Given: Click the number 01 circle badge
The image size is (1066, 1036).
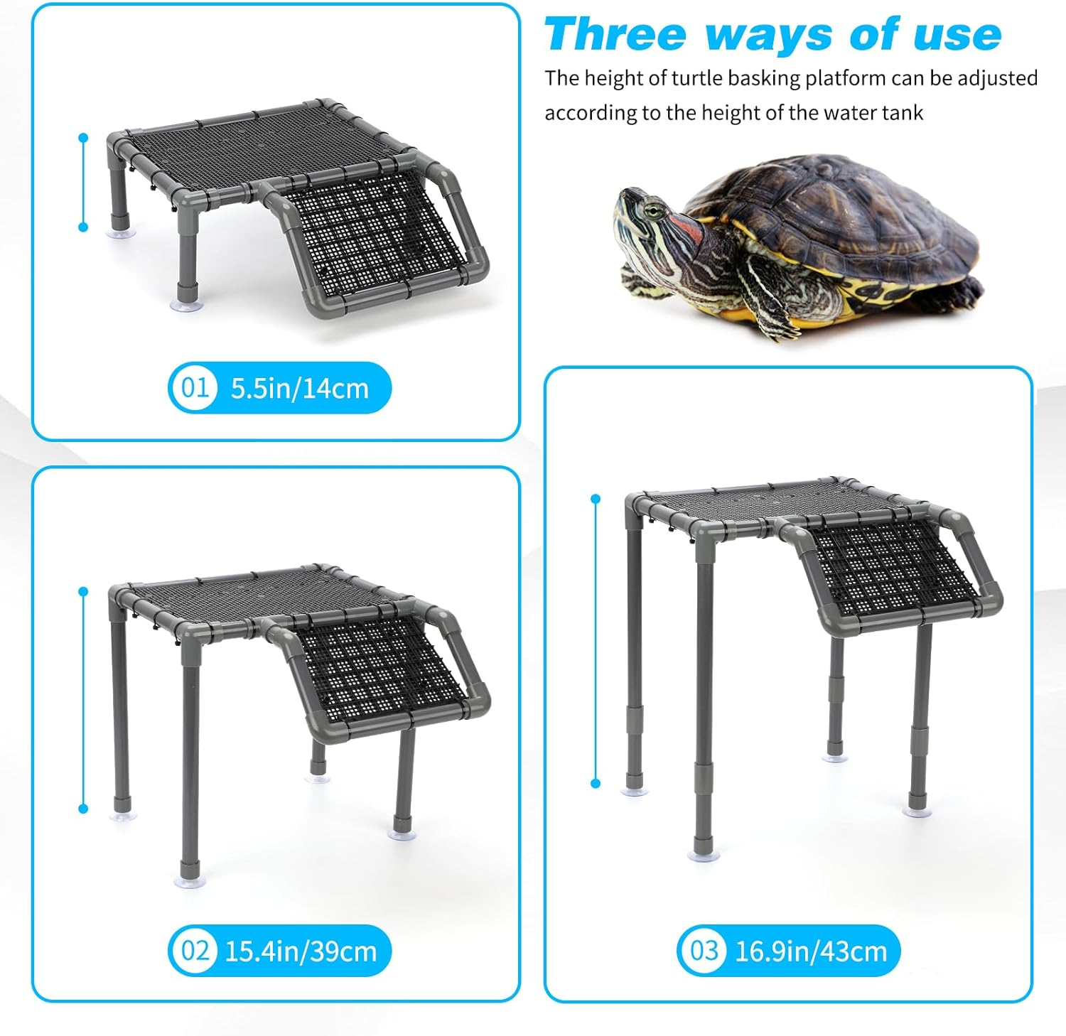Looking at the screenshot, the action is click(x=194, y=388).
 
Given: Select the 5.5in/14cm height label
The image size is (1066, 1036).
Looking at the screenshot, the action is click(x=300, y=389).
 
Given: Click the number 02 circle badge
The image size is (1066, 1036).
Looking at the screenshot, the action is click(x=194, y=951).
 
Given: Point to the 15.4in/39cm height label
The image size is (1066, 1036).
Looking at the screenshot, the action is click(x=301, y=951).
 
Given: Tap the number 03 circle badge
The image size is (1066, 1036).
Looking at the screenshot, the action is click(x=704, y=951).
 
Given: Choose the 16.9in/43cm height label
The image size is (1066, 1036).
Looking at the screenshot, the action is click(x=811, y=951).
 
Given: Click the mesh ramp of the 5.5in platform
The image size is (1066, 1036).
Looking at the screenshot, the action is click(x=375, y=235).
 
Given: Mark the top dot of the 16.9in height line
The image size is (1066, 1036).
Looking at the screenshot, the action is click(x=596, y=499).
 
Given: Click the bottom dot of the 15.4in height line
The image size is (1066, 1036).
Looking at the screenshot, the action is click(x=83, y=809).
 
